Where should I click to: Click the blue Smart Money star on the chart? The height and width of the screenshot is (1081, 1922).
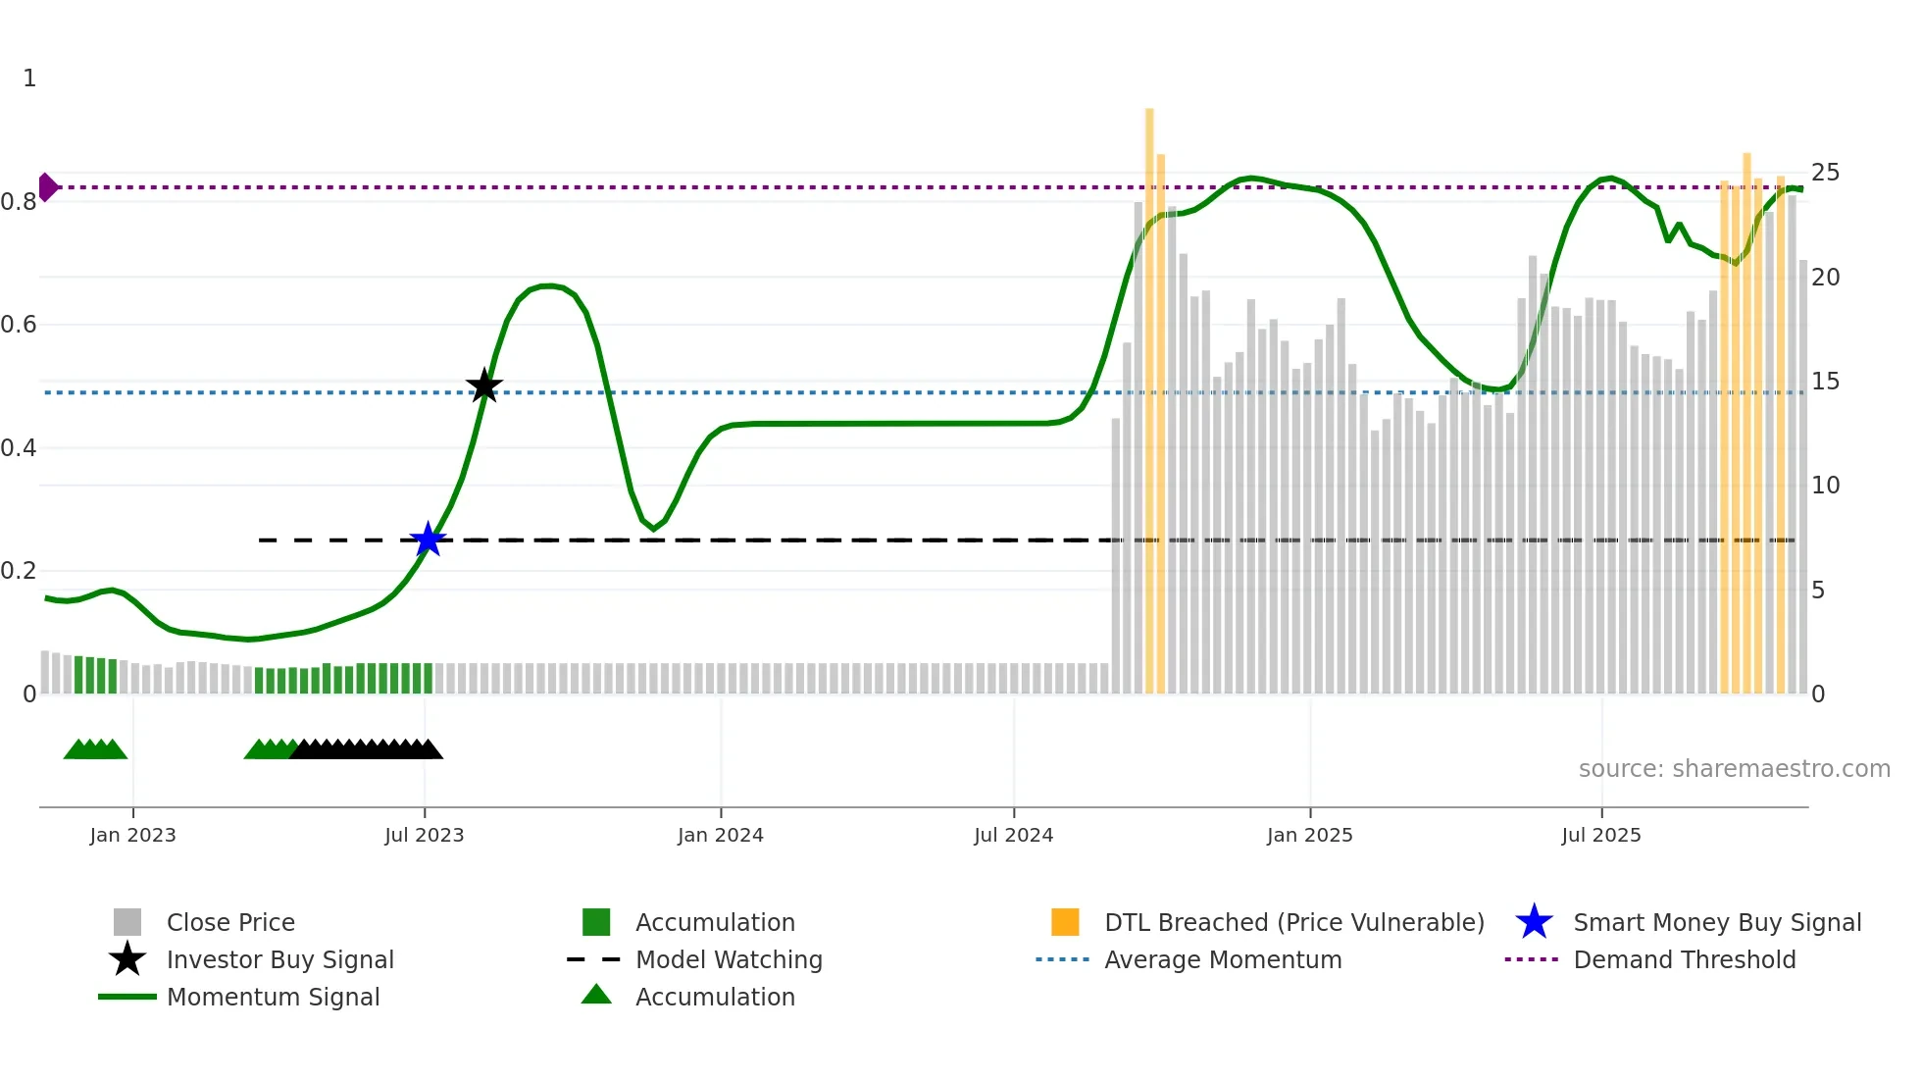coord(428,540)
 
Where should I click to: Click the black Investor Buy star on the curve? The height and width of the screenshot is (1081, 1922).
coord(484,386)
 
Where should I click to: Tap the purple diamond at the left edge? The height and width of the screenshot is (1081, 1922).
coord(47,186)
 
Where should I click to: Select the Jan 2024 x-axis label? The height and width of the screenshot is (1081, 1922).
coord(720,835)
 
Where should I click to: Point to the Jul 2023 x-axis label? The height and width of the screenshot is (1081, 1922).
coord(424,835)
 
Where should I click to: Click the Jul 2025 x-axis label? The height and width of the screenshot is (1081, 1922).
coord(1600,835)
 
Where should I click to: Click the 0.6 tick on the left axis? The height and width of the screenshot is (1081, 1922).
coord(19,325)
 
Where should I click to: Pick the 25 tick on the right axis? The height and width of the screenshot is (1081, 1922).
coord(1825,173)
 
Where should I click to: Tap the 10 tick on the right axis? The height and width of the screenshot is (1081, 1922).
coord(1825,486)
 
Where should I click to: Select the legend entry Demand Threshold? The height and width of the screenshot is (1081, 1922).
coord(1684,959)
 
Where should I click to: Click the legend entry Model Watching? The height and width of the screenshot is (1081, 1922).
coord(729,959)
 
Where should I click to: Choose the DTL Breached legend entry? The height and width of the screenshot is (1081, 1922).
coord(1293,922)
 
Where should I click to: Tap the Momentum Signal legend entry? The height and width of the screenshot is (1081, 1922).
coord(273,997)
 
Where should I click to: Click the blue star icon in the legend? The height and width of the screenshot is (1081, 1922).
coord(1534,922)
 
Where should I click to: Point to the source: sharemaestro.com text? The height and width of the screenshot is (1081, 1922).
coord(1734,768)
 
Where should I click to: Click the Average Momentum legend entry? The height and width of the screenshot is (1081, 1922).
coord(1222,959)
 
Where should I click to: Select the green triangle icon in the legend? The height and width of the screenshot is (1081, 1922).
coord(596,995)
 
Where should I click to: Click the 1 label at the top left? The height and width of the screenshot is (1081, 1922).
coord(29,78)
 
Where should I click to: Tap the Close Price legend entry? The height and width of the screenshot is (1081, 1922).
coord(230,922)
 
